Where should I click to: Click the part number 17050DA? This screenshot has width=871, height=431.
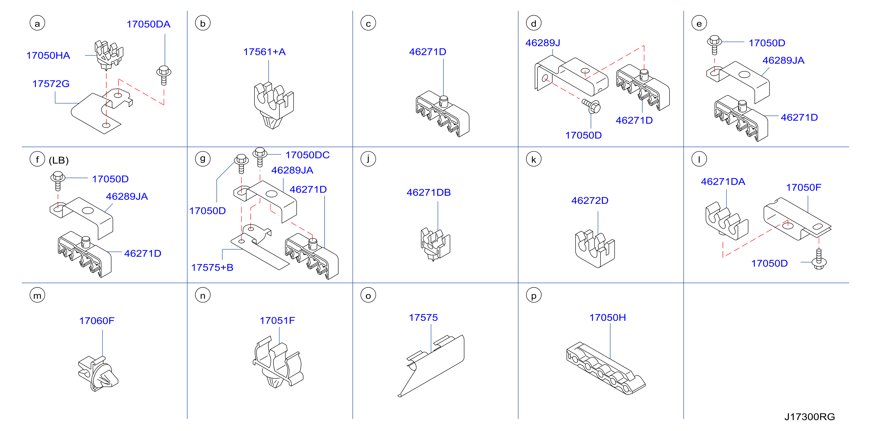pos(148,24)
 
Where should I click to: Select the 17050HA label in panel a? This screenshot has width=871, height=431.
pos(48,55)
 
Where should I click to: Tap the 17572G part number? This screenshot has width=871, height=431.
pos(51,84)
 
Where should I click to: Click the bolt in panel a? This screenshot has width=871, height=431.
pos(164,75)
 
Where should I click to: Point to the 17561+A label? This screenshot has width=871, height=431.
pos(264,52)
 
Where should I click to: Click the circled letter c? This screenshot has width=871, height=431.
pos(368,23)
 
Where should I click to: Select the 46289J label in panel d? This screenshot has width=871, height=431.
pos(543,43)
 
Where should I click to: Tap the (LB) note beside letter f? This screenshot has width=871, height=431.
pos(59,160)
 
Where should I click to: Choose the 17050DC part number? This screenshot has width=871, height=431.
pos(307,155)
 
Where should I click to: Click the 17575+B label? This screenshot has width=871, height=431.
pos(212,267)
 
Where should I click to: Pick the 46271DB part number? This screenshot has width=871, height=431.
pos(429,193)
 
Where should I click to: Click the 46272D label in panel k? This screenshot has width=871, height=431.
pos(590,201)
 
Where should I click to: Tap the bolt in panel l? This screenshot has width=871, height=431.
pos(819,259)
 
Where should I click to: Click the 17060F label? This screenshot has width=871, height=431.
pos(97,321)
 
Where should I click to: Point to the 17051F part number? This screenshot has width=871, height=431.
pos(277,321)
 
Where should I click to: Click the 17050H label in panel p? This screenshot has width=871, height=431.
pos(608,317)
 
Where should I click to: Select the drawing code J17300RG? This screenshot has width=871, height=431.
pos(809,417)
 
